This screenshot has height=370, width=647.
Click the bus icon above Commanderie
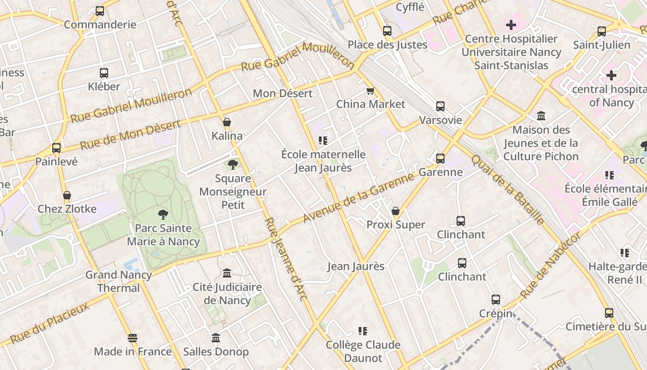(x=100, y=11)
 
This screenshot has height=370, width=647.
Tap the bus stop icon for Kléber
(x=104, y=73)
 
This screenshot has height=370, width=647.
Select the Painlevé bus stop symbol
(x=56, y=148)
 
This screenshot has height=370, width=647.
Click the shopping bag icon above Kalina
(x=227, y=123)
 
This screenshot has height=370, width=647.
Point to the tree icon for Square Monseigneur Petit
(x=233, y=165)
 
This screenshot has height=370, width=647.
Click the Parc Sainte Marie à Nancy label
(x=163, y=234)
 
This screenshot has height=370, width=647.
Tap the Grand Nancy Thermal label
(x=119, y=281)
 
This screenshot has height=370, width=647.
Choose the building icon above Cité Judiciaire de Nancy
(x=227, y=273)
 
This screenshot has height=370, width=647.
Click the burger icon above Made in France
(x=133, y=338)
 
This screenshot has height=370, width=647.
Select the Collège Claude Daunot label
(x=363, y=351)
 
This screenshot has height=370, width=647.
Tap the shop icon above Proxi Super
(x=396, y=211)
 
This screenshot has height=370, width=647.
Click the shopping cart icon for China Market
(x=370, y=91)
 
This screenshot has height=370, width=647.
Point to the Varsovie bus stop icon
(x=440, y=106)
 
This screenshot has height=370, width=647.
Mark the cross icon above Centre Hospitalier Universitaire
(x=511, y=25)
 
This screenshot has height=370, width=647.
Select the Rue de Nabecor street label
(x=550, y=265)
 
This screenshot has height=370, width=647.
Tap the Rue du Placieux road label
(x=49, y=323)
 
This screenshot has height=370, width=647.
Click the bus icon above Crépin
(x=496, y=300)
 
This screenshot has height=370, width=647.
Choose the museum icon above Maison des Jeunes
(x=541, y=116)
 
